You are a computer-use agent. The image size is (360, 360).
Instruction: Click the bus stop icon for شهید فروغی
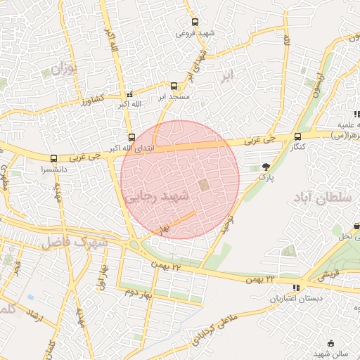(194, 22)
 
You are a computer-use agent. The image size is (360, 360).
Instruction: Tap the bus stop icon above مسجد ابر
(174, 86)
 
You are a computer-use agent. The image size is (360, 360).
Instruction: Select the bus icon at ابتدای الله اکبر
(131, 137)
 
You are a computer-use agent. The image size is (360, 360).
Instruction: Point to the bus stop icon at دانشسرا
(54, 158)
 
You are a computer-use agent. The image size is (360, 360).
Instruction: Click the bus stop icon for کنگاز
(297, 136)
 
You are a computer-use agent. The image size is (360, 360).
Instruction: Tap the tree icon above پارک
(266, 167)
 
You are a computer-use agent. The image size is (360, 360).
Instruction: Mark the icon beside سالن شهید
(331, 343)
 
